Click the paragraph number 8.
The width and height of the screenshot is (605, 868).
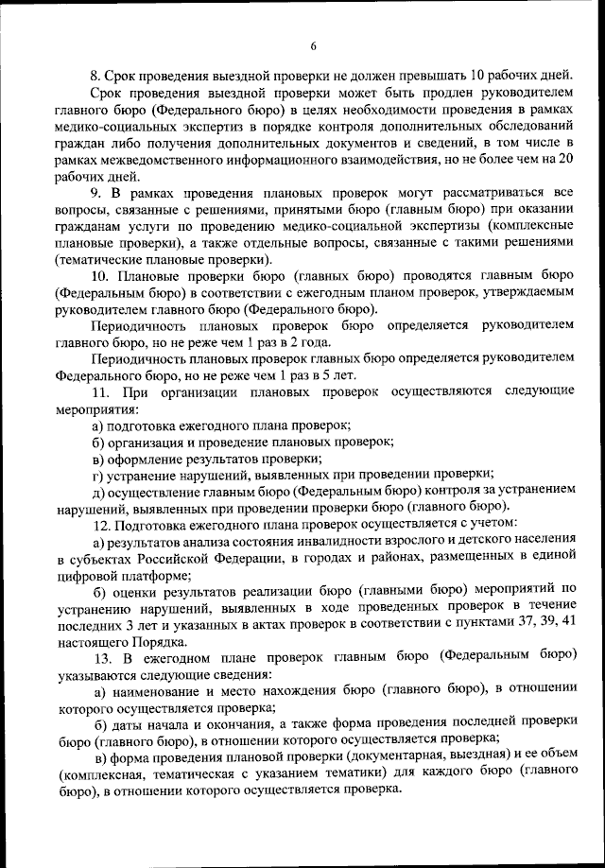pos(95,75)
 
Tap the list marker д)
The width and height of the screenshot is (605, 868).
pos(98,493)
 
